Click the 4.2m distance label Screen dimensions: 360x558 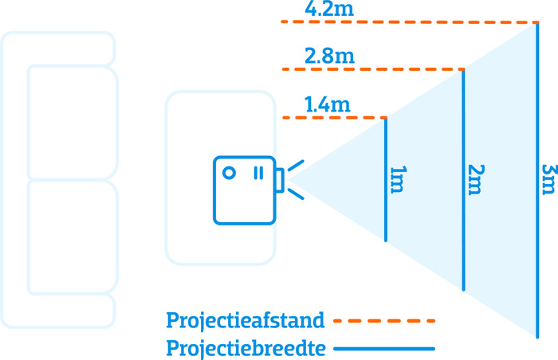[x=329, y=10]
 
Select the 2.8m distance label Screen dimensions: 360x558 [x=329, y=57]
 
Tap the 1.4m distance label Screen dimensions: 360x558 [x=327, y=105]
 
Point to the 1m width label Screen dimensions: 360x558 [x=397, y=179]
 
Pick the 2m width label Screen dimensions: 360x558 [x=475, y=179]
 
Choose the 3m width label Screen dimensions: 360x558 [x=548, y=179]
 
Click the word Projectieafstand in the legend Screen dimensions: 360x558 [x=246, y=321]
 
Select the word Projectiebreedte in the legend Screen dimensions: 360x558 [x=246, y=349]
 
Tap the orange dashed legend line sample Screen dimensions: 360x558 [x=384, y=321]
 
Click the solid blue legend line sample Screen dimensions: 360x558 [x=384, y=349]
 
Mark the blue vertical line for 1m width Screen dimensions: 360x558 [x=386, y=179]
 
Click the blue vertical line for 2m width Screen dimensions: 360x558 [x=464, y=179]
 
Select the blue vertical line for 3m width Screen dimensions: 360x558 [x=537, y=179]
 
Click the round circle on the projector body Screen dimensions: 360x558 [x=229, y=172]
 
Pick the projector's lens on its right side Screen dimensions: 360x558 [x=280, y=180]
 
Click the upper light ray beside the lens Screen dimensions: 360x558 [x=296, y=166]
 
